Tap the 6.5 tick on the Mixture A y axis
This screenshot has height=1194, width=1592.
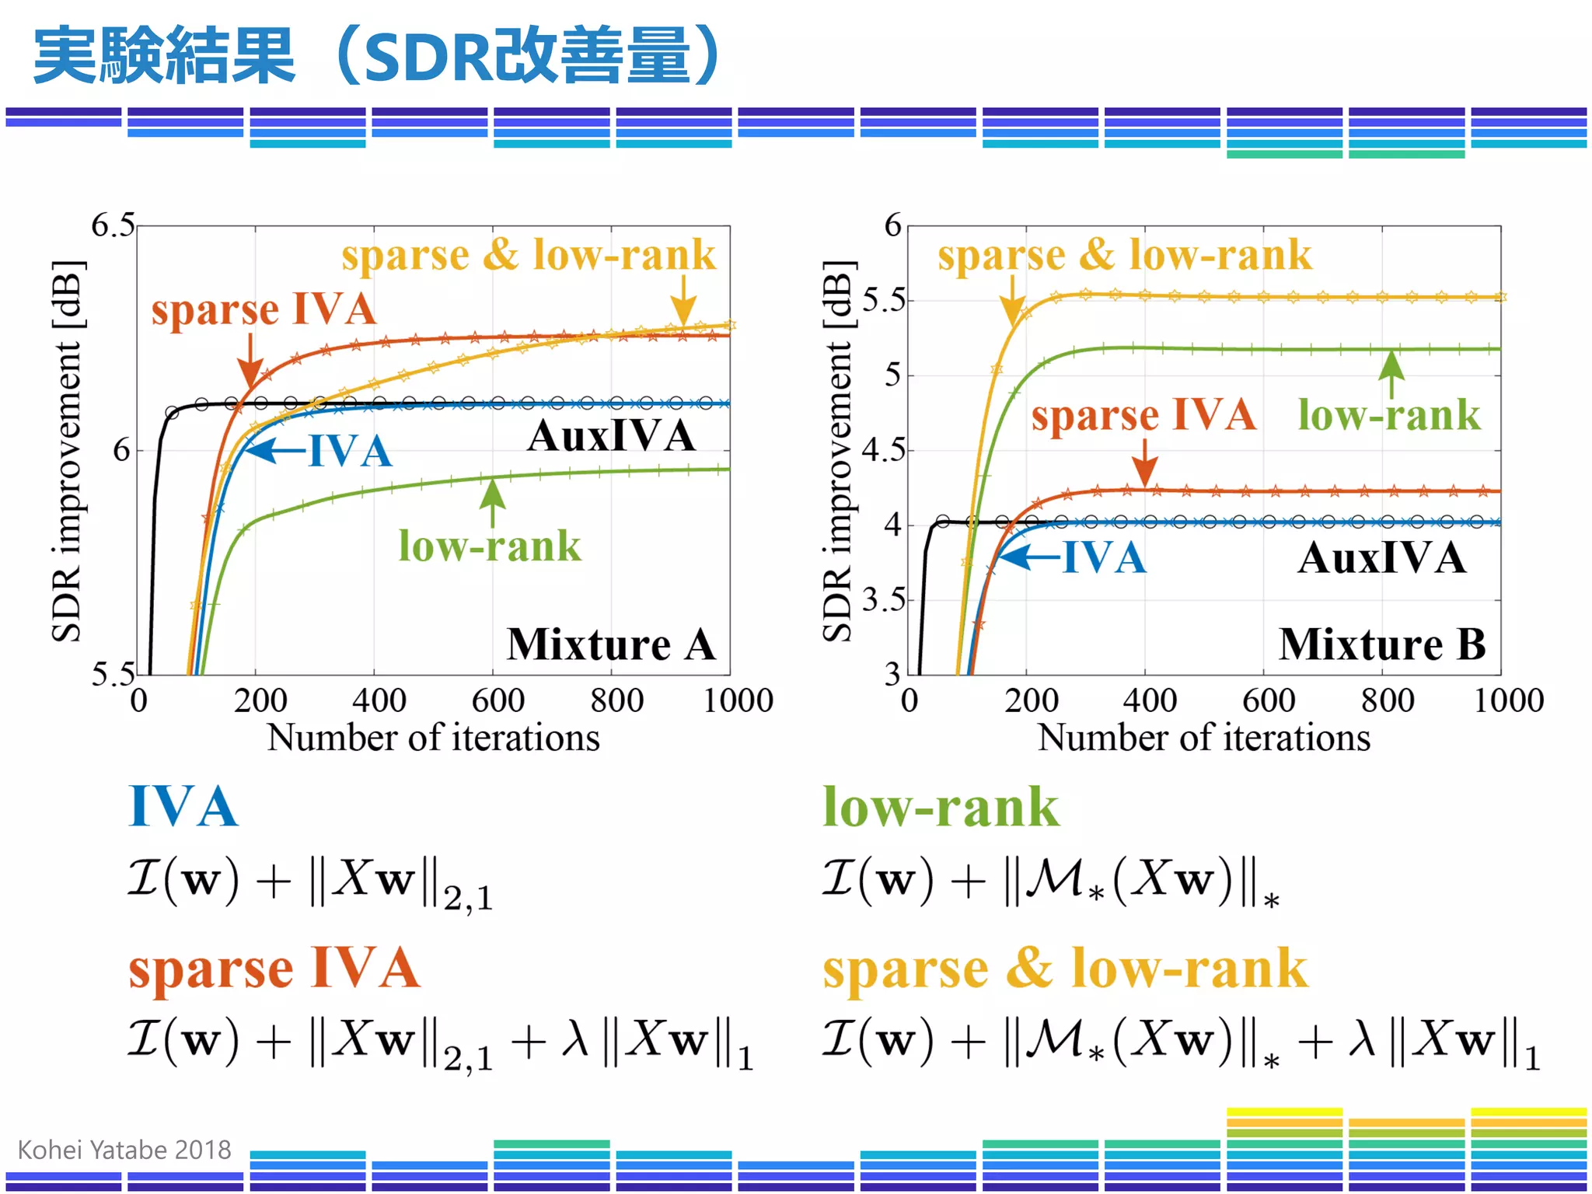(x=113, y=225)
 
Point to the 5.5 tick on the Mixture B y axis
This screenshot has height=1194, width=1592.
(x=885, y=299)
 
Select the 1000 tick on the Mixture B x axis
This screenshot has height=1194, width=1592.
(x=1508, y=700)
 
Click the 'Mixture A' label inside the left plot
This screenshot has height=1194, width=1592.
(x=611, y=644)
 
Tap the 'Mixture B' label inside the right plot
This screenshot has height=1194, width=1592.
(x=1382, y=644)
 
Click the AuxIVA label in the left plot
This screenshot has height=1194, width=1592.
(x=611, y=435)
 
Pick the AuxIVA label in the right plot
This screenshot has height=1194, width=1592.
(x=1381, y=557)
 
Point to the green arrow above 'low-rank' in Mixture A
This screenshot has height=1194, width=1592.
(x=492, y=501)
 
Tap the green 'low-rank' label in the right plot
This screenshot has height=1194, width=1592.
(x=1389, y=414)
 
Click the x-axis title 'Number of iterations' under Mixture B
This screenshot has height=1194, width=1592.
(x=1203, y=737)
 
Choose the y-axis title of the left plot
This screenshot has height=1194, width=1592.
(x=67, y=451)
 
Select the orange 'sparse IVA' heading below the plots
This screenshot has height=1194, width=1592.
(x=274, y=969)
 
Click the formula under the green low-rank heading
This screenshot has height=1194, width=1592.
(x=1049, y=882)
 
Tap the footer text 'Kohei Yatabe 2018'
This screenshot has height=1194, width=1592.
(x=124, y=1149)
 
